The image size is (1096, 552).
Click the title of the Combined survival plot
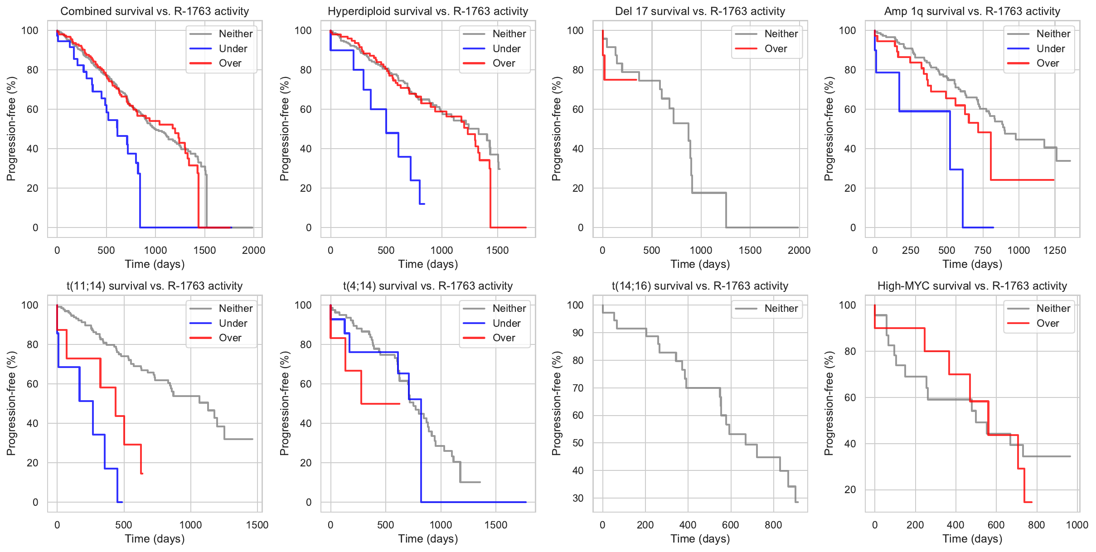(x=155, y=11)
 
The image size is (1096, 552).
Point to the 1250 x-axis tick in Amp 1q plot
(x=1055, y=250)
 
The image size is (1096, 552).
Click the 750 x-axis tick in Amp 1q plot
(x=983, y=250)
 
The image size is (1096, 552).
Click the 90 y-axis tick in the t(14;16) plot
(x=577, y=333)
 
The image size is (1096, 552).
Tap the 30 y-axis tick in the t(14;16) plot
(x=577, y=498)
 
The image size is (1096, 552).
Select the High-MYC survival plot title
(x=972, y=286)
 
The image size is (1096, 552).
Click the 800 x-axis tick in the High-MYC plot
(x=1037, y=525)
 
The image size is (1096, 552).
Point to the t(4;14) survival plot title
(x=428, y=286)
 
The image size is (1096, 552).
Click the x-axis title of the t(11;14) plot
(x=155, y=539)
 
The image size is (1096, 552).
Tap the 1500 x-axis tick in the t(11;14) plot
(x=257, y=525)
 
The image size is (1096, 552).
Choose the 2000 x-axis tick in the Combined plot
(x=253, y=250)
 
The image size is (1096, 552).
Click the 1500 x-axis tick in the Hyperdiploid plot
(x=497, y=250)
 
